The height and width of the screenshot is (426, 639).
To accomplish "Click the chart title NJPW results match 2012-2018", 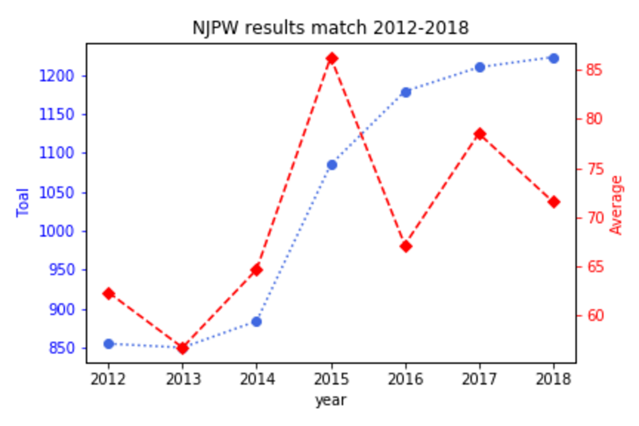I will tap(330, 28).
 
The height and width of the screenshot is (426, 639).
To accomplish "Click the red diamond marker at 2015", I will tap(332, 58).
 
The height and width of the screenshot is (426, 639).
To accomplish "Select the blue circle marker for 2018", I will tap(553, 58).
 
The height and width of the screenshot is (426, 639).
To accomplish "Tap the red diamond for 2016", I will tap(406, 246).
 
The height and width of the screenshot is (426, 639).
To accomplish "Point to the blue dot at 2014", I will tap(256, 322).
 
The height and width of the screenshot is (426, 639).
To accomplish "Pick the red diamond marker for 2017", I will tap(480, 134).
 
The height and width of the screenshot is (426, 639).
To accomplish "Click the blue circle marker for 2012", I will tap(109, 344).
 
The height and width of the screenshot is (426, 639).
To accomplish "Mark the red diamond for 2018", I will tap(553, 202).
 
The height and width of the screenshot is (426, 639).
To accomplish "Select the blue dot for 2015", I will tap(332, 165).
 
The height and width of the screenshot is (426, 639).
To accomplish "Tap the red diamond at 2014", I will tap(256, 270).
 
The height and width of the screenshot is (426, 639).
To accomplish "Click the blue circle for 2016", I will tap(406, 92).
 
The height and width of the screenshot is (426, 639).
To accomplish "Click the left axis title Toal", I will tap(23, 202).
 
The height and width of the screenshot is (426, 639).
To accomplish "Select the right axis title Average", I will tap(616, 205).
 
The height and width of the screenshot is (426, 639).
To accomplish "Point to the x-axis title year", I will tap(330, 400).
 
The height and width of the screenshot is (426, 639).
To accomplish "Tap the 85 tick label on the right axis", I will tap(594, 70).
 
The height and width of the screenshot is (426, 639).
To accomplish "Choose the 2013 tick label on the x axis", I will tap(182, 379).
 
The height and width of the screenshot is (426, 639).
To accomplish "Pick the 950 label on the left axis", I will tap(62, 270).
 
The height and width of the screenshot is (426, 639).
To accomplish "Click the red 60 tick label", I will tap(594, 315).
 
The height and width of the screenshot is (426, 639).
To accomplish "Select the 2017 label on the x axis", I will tap(480, 379).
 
